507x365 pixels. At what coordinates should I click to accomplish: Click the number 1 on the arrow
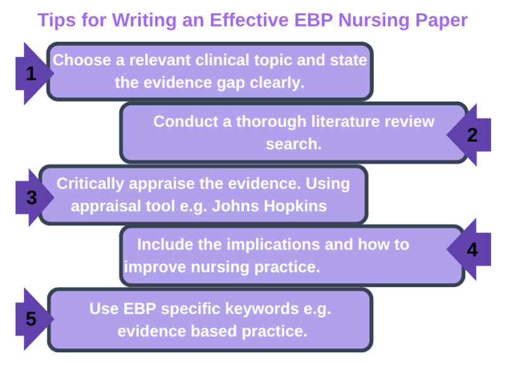(x=30, y=74)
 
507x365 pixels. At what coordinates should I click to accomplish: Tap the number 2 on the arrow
(x=472, y=135)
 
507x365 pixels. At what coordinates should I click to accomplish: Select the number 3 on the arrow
(x=32, y=197)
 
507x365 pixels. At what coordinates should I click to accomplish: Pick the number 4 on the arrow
(x=472, y=250)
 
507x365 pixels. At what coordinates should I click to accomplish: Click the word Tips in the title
(x=55, y=20)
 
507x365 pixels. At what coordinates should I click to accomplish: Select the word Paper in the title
(x=437, y=20)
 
